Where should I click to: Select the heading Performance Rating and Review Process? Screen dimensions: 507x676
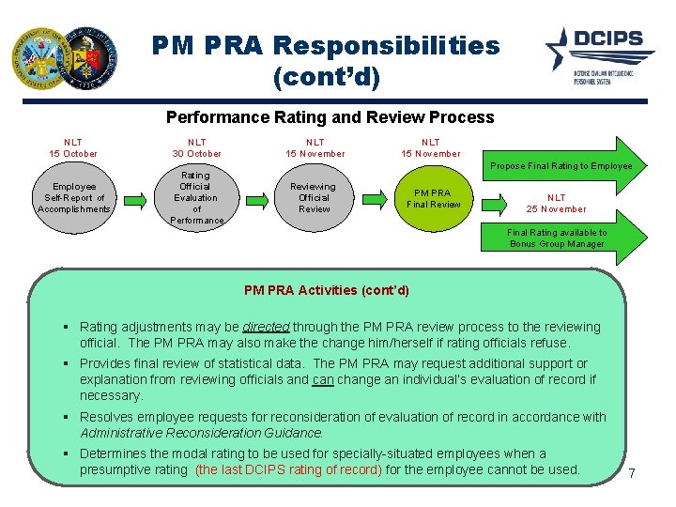330,117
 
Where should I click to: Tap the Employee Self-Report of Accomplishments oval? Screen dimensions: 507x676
74,198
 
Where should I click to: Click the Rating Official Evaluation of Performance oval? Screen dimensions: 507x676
195,198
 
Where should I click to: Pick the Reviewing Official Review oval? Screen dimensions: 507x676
314,198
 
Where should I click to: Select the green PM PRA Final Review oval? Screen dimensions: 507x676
433,198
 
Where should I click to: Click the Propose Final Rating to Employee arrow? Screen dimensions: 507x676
561,166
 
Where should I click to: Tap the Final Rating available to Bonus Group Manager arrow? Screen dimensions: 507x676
557,238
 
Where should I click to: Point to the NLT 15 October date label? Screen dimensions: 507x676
74,147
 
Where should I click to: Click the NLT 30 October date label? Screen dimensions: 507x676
196,147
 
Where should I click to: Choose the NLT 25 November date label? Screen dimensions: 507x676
556,204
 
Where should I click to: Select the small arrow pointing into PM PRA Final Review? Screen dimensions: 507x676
375,198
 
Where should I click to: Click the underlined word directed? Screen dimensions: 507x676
266,328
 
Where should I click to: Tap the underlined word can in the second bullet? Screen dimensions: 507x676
323,380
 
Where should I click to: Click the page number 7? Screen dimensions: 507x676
632,473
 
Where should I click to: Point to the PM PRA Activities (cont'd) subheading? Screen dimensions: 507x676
327,290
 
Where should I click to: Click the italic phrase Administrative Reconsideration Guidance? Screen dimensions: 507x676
202,434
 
